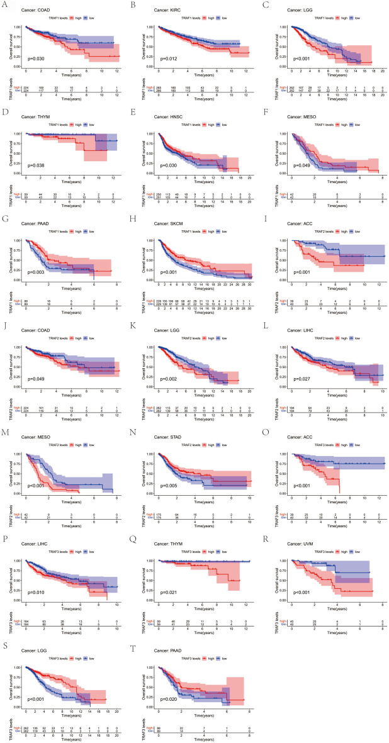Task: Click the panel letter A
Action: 4,4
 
